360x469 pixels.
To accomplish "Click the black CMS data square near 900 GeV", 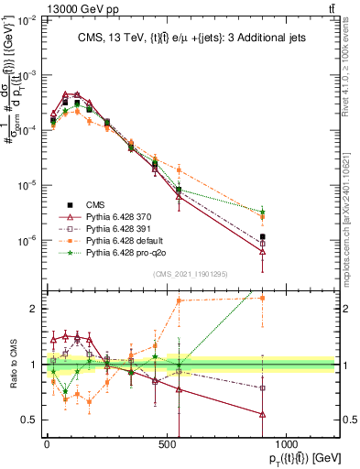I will tap(263, 237).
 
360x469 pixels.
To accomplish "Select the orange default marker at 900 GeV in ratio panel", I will tap(263, 299).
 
